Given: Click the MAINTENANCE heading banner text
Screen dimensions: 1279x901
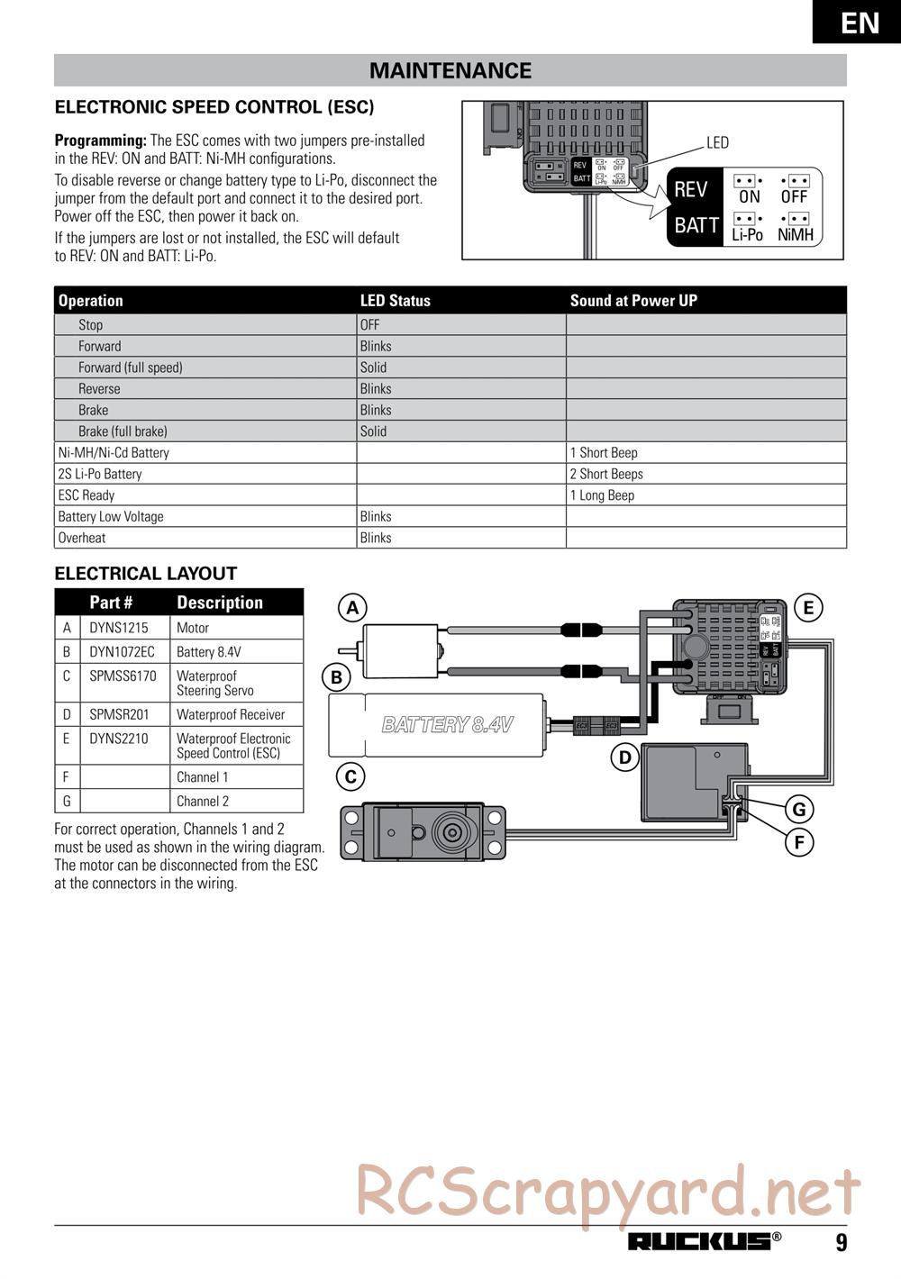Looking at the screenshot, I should [450, 70].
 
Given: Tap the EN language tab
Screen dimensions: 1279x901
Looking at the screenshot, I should [860, 22].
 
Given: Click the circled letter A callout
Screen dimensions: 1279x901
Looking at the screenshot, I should [352, 608].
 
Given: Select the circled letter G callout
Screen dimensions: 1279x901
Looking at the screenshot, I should [798, 809].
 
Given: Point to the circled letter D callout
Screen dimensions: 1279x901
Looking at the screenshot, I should [624, 757].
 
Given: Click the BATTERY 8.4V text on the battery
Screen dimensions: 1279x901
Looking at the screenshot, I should [448, 724].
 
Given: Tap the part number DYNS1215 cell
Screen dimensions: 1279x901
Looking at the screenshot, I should [118, 628].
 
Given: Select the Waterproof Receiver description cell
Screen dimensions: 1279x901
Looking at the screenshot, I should [231, 714].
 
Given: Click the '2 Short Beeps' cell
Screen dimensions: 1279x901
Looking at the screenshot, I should [606, 474].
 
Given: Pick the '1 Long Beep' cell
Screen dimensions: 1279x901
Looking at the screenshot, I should [602, 495].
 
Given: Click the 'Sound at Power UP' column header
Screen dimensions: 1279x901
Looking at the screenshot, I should [633, 301].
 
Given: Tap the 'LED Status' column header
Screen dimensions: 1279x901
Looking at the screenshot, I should [396, 301].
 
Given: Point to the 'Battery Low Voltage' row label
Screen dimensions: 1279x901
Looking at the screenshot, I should [111, 516].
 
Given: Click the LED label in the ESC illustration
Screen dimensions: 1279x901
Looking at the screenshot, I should [717, 142].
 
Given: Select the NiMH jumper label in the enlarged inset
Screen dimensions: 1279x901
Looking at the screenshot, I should [796, 235].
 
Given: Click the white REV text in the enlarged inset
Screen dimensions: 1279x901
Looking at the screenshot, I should [691, 190].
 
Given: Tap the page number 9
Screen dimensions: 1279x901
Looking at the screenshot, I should [841, 1243].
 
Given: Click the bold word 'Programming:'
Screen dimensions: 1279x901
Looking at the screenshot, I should [100, 141].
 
